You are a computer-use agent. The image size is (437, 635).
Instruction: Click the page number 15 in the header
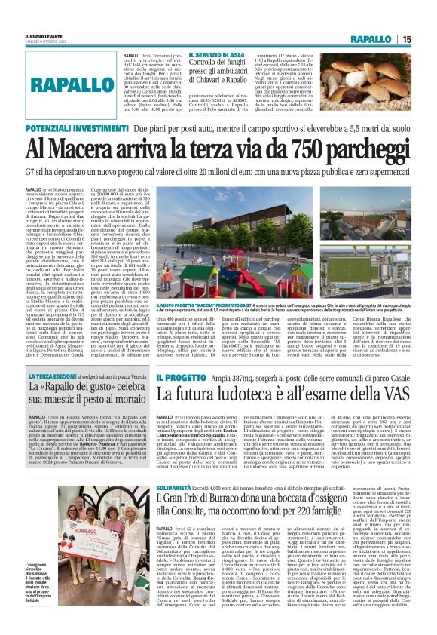tap(426, 39)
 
